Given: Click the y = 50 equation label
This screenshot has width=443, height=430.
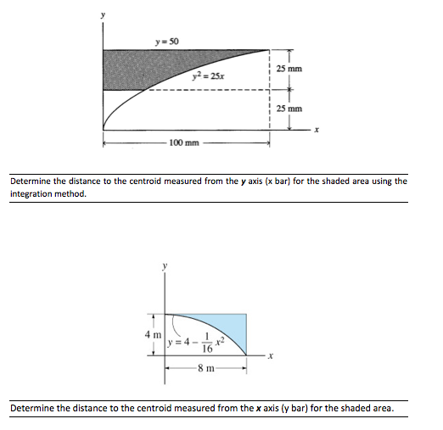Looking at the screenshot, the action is tap(166, 42).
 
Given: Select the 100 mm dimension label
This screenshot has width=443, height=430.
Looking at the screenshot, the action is tap(184, 142).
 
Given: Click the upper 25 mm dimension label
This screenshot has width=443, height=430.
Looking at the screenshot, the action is tap(289, 68).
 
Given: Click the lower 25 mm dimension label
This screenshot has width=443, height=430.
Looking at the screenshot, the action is tap(289, 109).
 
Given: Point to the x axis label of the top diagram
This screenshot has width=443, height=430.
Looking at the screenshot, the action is tap(316, 129).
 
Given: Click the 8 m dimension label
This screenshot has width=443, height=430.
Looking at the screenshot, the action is tap(205, 369).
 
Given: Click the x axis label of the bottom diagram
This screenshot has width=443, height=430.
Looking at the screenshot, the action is tap(271, 355).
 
